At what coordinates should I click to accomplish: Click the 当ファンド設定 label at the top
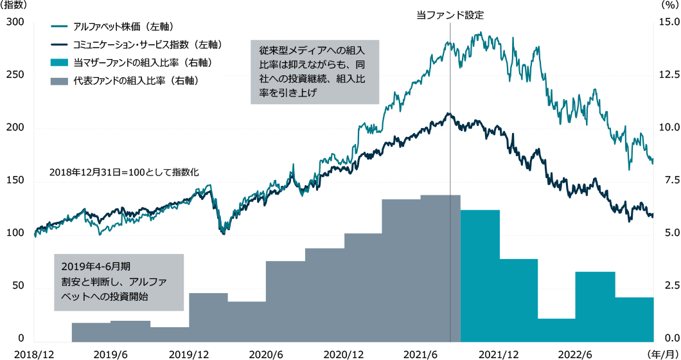click(x=449, y=14)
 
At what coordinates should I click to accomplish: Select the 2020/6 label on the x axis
click(x=265, y=354)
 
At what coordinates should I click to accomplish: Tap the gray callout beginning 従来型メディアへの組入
click(x=314, y=71)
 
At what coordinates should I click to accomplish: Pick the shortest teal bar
click(x=557, y=328)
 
